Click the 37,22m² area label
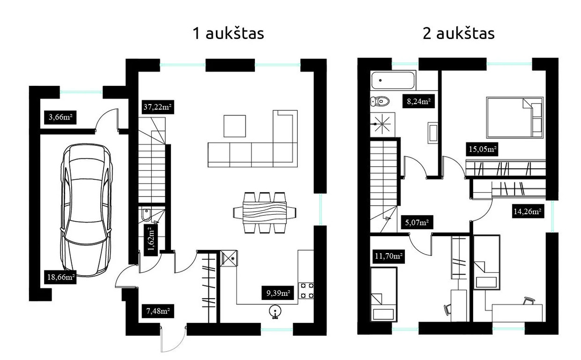[158, 107]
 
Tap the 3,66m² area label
[60, 117]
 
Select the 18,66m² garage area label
[60, 277]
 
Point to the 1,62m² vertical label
[151, 240]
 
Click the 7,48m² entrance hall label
[158, 311]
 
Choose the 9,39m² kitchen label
[278, 293]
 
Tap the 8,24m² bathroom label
[418, 101]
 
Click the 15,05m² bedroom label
[482, 149]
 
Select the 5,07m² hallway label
[417, 223]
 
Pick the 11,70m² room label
[388, 257]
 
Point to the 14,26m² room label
[528, 211]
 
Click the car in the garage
[86, 210]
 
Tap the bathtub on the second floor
[393, 80]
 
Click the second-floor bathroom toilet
[380, 101]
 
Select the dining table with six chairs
[265, 213]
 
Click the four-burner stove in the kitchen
[306, 291]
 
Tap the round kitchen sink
[275, 311]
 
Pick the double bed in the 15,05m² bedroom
[514, 118]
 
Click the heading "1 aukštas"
[228, 34]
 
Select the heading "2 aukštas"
[459, 34]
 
